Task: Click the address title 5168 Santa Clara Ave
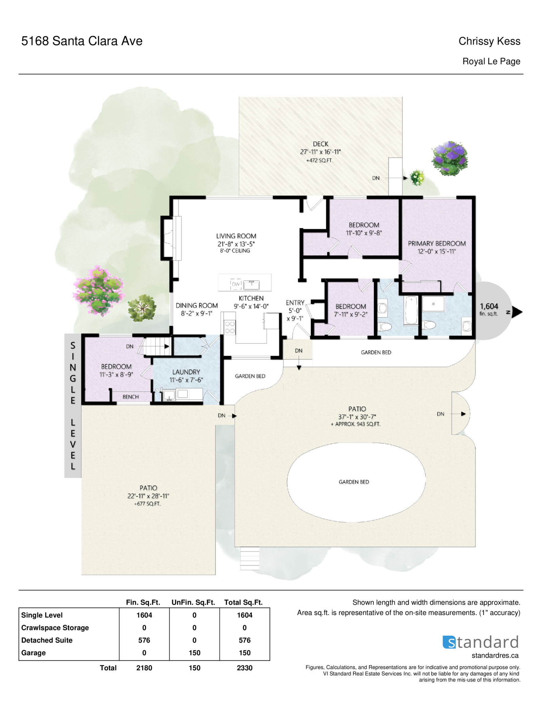(x=82, y=41)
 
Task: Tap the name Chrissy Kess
(x=489, y=41)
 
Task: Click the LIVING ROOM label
(x=236, y=236)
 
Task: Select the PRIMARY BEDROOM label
(x=437, y=243)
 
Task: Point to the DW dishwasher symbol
(x=236, y=284)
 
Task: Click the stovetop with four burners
(x=230, y=327)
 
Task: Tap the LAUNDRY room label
(x=186, y=372)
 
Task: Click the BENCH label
(x=130, y=397)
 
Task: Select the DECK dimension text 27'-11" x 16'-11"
(x=320, y=152)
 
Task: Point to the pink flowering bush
(x=99, y=291)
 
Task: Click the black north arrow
(x=517, y=312)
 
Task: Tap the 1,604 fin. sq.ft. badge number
(x=489, y=306)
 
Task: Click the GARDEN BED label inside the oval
(x=354, y=482)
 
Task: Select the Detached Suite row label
(x=47, y=640)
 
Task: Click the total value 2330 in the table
(x=245, y=668)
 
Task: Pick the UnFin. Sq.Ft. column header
(x=193, y=602)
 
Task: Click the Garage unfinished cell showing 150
(x=194, y=653)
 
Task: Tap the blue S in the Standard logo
(x=449, y=642)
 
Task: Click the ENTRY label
(x=295, y=303)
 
